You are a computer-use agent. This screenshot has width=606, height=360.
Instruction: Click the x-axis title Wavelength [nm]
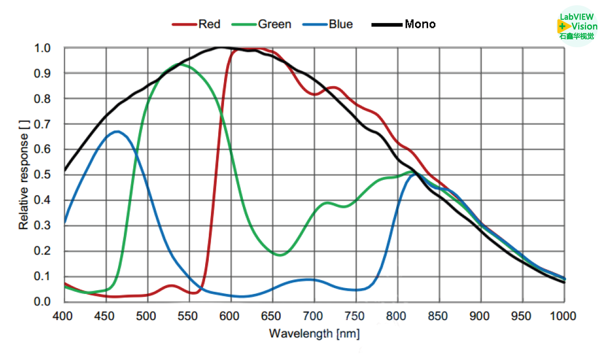pyautogui.click(x=314, y=333)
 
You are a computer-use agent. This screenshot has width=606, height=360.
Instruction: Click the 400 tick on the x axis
pyautogui.click(x=63, y=316)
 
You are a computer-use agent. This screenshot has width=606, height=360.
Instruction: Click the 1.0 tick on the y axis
pyautogui.click(x=42, y=48)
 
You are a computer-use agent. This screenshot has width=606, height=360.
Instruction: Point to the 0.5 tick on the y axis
pyautogui.click(x=42, y=175)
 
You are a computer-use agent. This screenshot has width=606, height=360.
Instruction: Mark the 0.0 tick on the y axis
pyautogui.click(x=42, y=301)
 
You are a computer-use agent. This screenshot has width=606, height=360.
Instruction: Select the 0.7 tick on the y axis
pyautogui.click(x=42, y=124)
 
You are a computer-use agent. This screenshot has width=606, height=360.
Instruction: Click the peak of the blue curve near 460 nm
pyautogui.click(x=117, y=131)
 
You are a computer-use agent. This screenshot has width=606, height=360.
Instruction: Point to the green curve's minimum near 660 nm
pyautogui.click(x=280, y=255)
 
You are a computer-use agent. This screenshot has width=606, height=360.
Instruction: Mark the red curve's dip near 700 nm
pyautogui.click(x=314, y=94)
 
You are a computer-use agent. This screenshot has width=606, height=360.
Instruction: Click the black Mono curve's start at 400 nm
pyautogui.click(x=65, y=170)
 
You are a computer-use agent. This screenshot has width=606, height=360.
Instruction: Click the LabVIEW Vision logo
pyautogui.click(x=577, y=26)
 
